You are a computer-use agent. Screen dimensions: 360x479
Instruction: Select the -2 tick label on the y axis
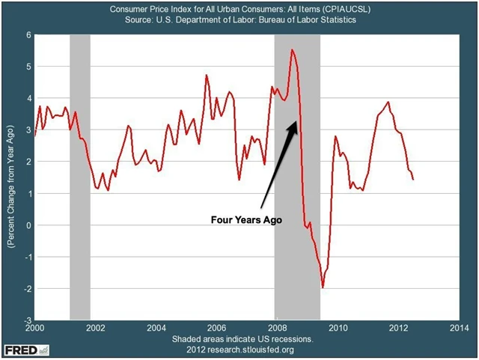tap(25, 289)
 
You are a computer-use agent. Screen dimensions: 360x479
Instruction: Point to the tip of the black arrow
tap(298, 121)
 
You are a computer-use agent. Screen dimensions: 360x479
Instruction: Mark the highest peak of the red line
tap(292, 49)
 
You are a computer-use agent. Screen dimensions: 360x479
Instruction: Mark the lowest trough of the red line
tap(323, 287)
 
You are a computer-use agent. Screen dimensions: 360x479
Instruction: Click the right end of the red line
tap(413, 178)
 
